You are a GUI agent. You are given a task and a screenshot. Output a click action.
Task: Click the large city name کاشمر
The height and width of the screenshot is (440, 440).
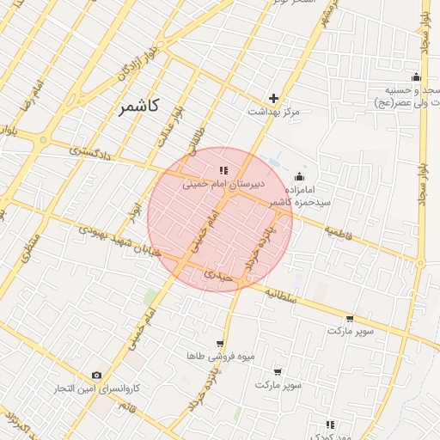click(136, 107)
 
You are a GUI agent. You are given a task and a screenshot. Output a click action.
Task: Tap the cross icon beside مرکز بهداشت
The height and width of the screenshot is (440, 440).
click(273, 98)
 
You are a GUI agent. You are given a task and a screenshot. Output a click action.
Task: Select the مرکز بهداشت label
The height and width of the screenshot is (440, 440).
click(273, 113)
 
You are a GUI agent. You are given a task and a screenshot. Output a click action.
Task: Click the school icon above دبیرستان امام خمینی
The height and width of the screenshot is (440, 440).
click(223, 170)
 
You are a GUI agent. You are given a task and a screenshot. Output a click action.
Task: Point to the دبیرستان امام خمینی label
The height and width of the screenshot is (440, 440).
click(223, 184)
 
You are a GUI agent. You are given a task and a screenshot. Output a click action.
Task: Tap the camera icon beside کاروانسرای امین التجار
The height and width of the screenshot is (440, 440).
click(96, 376)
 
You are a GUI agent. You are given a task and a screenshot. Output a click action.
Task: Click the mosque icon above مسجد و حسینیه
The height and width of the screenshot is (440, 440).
click(416, 77)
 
